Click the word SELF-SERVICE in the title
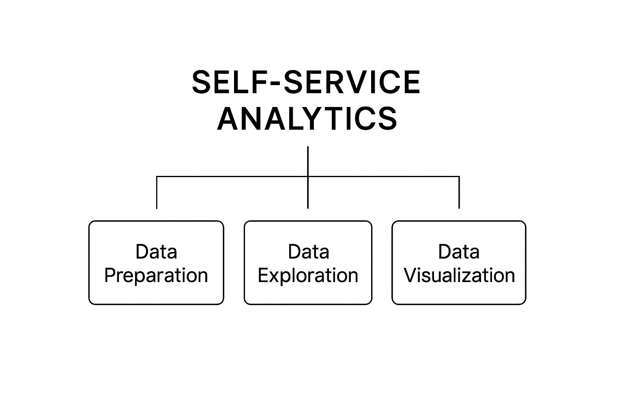306,82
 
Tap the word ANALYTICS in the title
307,118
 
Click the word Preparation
156,276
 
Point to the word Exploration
308,276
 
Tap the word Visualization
459,276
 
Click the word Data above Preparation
156,252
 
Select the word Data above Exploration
308,252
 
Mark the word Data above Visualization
459,252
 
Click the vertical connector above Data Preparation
157,193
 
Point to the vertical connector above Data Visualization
459,193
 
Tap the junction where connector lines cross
308,176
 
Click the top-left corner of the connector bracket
157,176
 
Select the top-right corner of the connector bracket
459,176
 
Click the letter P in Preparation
110,276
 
